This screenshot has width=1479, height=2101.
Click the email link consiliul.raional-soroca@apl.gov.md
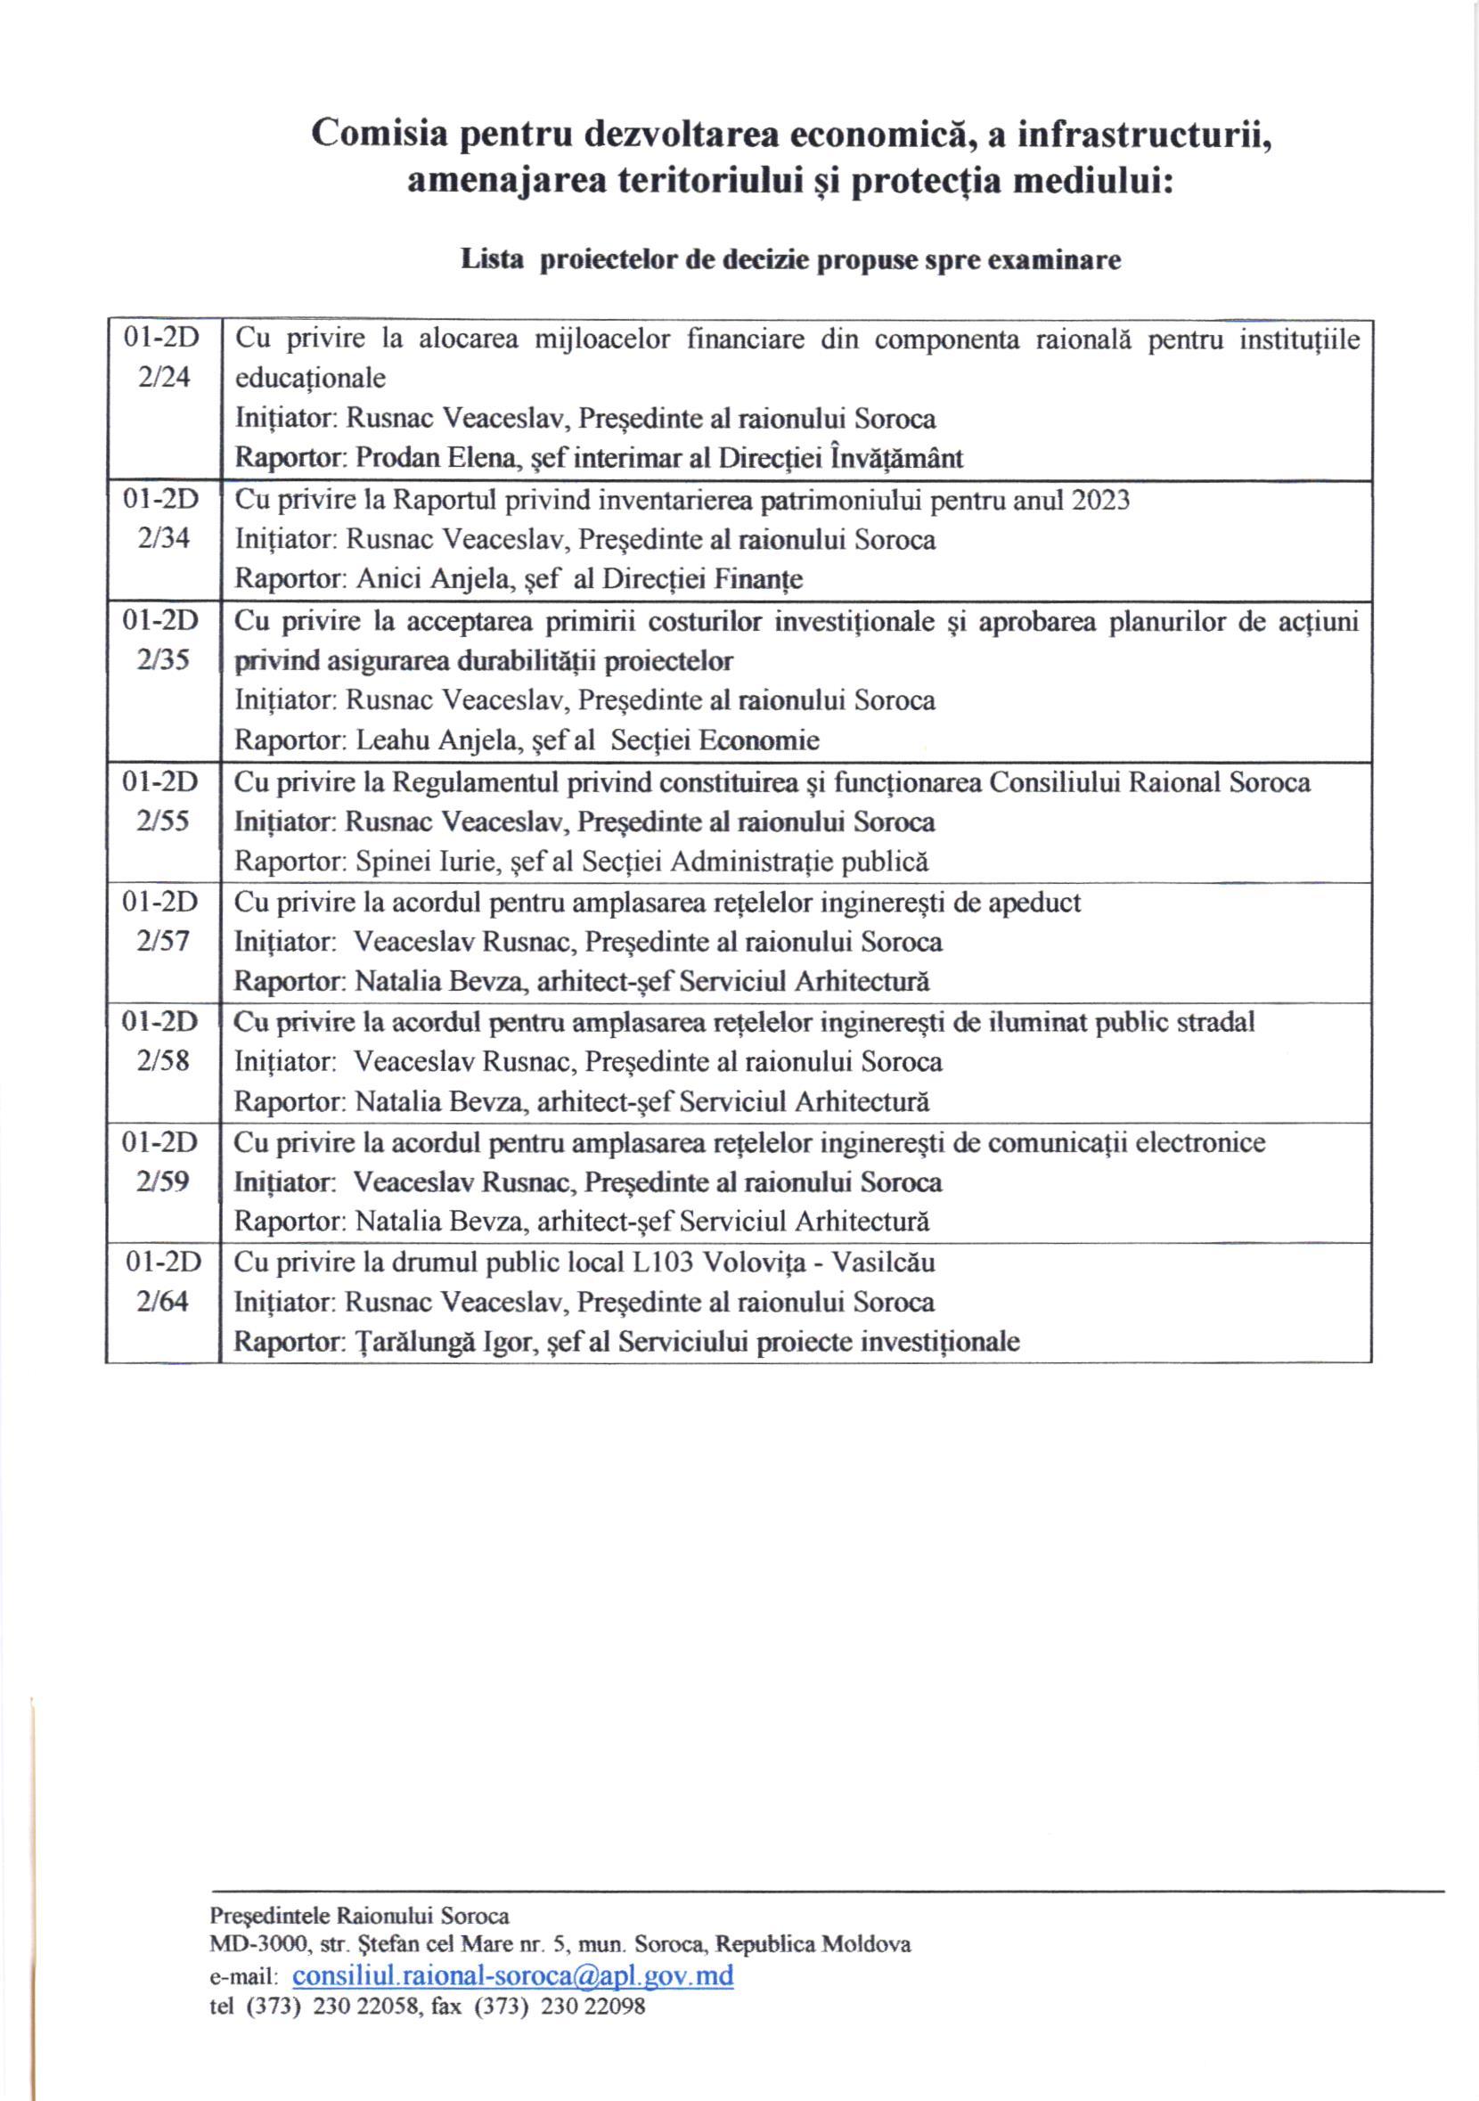tap(512, 1974)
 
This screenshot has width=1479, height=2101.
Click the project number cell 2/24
tap(164, 377)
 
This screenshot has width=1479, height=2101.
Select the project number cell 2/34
tap(164, 538)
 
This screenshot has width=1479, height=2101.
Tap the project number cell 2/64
tap(163, 1301)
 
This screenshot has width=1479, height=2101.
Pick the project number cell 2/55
tap(163, 821)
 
